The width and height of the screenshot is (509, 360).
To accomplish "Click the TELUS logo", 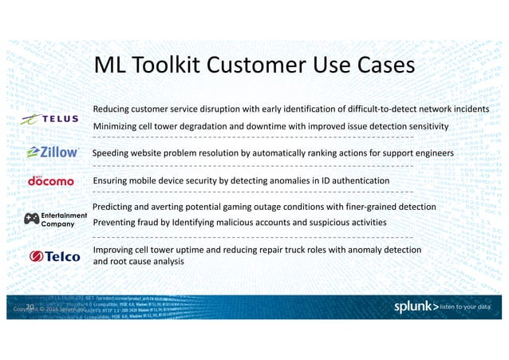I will [x=49, y=119].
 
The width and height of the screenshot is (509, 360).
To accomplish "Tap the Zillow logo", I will [x=53, y=152].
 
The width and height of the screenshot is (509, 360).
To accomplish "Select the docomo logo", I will [x=50, y=180].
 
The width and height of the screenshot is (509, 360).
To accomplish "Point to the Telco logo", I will [x=56, y=256].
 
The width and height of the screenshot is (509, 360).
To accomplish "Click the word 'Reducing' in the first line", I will [x=115, y=109].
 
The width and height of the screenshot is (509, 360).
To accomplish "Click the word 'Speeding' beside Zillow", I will [x=114, y=152].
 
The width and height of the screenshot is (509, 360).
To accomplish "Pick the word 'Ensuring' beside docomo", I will [x=113, y=181].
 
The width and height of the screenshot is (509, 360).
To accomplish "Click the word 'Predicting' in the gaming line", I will [x=116, y=207].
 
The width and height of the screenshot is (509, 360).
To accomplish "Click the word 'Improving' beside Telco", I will [x=116, y=250].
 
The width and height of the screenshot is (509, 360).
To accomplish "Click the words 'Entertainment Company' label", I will [x=65, y=219].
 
